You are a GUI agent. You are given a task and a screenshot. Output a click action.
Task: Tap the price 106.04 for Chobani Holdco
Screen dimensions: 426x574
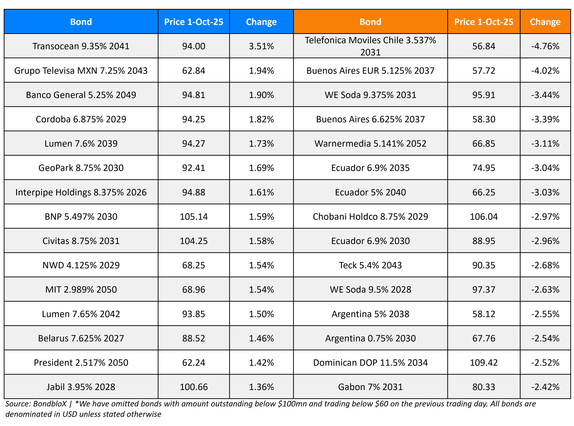click(x=484, y=217)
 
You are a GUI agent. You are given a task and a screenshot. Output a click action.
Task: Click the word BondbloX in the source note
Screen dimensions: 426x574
click(x=50, y=404)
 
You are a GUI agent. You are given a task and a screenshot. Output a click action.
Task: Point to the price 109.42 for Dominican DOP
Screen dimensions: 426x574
click(x=484, y=363)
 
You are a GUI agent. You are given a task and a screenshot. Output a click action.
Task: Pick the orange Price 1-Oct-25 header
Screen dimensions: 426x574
click(x=484, y=22)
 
